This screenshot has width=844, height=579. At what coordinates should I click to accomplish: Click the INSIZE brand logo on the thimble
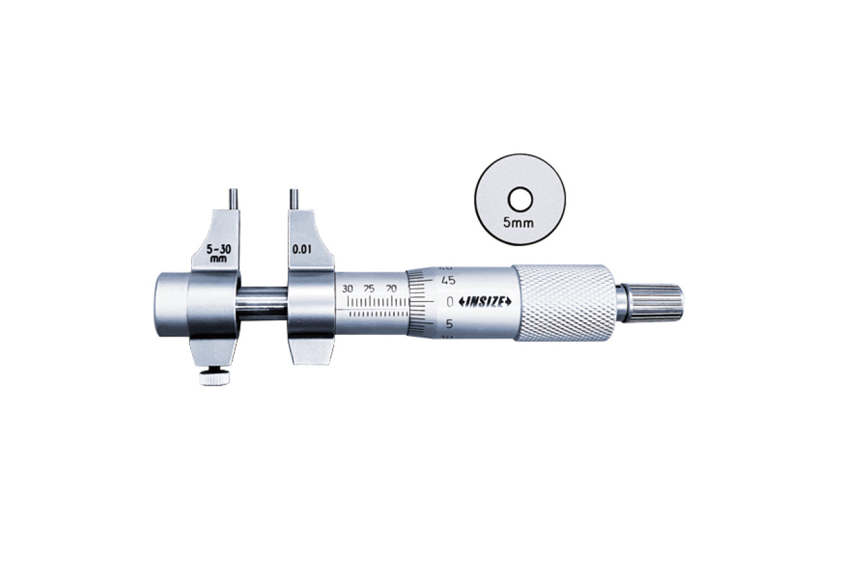[484, 301]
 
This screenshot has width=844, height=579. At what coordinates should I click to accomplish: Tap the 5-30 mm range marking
[219, 253]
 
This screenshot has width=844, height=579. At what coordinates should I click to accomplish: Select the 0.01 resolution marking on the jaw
[302, 250]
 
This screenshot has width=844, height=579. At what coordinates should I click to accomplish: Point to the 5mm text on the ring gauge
[519, 223]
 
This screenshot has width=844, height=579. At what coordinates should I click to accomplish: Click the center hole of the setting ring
[520, 199]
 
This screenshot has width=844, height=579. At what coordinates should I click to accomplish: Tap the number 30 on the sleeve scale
[348, 289]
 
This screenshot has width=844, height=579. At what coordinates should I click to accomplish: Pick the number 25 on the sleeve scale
[369, 289]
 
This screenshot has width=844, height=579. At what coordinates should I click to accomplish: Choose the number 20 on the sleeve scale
[392, 289]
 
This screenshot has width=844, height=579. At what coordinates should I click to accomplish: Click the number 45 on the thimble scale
[448, 281]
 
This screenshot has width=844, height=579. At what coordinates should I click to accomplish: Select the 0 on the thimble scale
[449, 301]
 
